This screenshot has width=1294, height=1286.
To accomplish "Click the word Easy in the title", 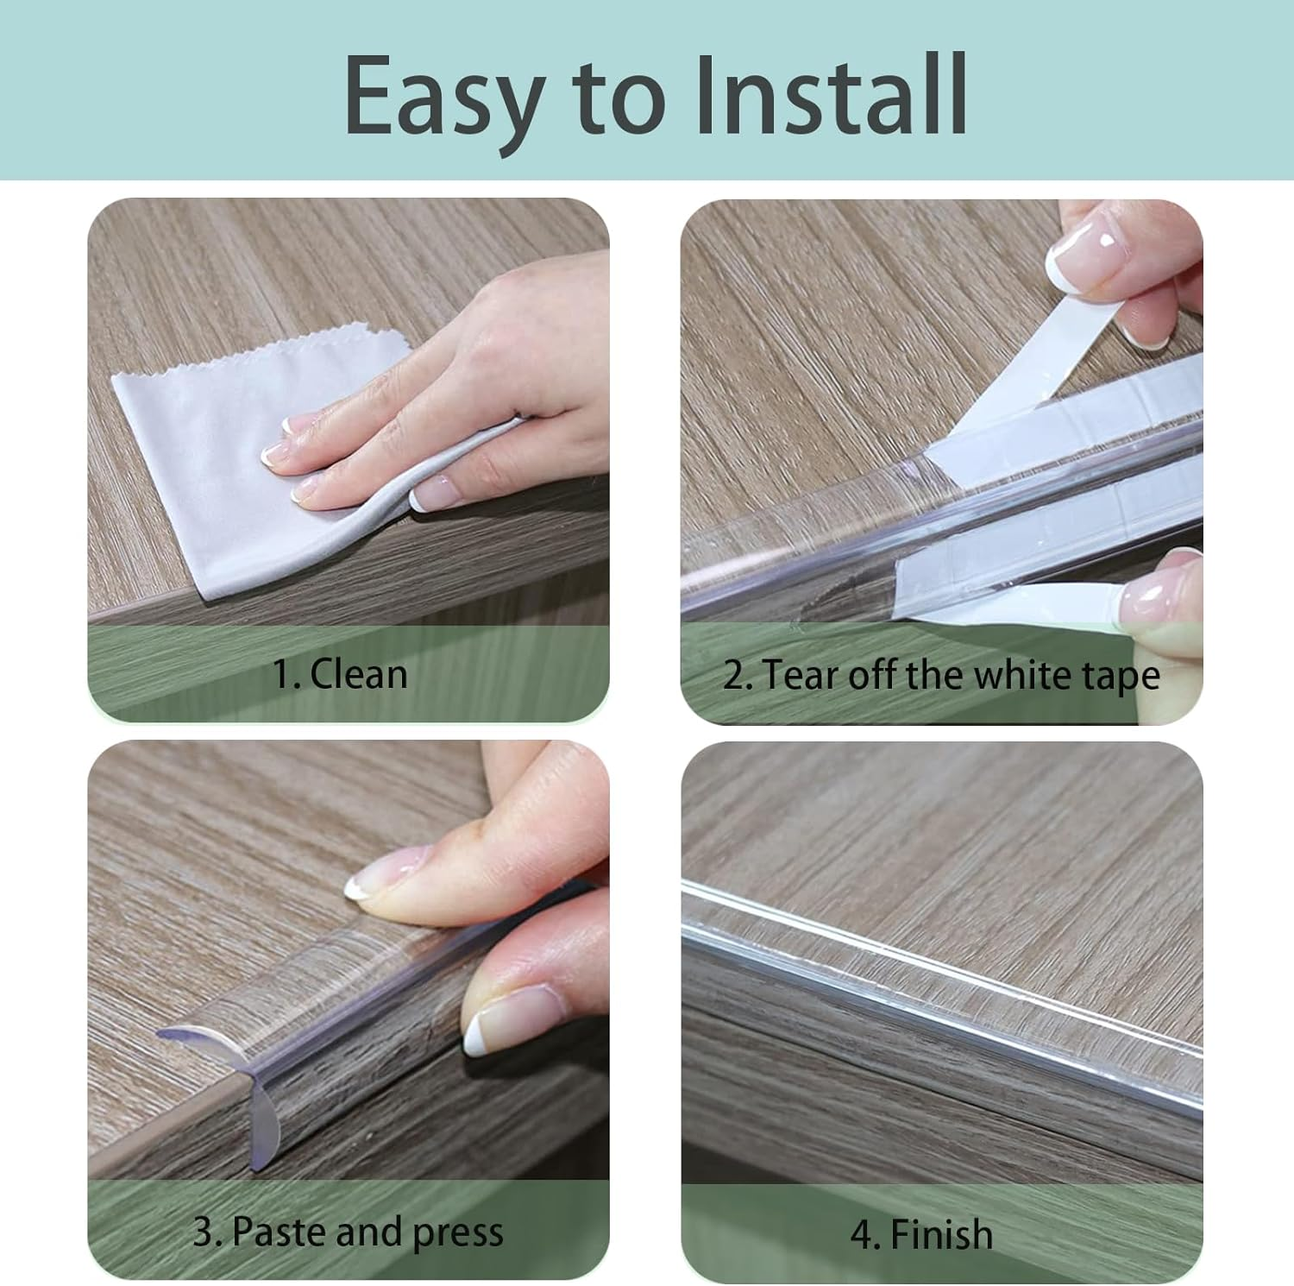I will tap(443, 97).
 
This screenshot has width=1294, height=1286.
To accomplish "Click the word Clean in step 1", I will tap(358, 673).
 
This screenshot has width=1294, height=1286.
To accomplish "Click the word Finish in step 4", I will tap(941, 1233).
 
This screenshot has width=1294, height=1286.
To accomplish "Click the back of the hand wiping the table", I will tap(518, 345).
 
